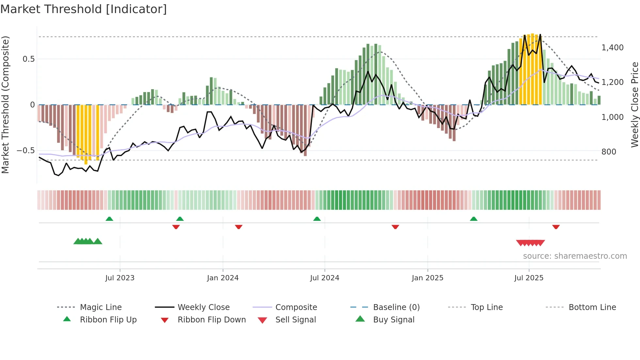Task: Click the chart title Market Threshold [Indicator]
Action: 84,9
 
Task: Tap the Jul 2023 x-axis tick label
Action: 120,278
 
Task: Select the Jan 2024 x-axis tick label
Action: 223,278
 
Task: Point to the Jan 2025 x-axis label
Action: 427,278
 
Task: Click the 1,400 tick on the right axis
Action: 612,48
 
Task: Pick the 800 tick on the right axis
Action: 609,152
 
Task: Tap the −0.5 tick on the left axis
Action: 26,151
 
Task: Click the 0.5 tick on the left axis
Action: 28,59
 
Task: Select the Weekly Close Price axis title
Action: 634,105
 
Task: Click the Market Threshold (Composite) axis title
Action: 5,105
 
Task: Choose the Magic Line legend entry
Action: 101,307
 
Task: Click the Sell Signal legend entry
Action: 296,320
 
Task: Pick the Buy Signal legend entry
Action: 393,320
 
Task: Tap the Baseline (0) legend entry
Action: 396,307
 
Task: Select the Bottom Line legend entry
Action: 592,307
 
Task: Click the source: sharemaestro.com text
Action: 575,256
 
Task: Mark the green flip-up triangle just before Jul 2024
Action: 317,219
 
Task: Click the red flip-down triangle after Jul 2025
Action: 556,227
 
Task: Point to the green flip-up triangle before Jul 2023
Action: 109,219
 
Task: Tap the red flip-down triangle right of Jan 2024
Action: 238,227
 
